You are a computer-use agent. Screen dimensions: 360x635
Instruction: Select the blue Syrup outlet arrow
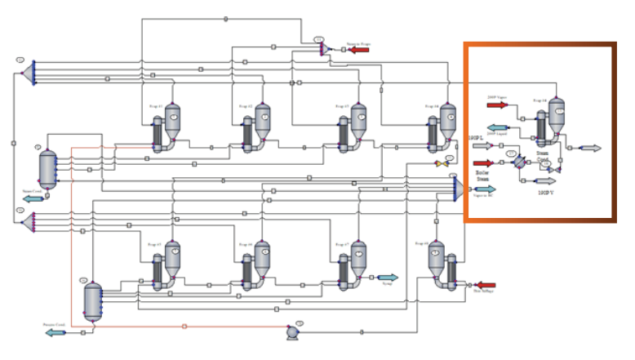[386, 278]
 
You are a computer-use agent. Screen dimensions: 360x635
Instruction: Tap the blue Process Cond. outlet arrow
[56, 332]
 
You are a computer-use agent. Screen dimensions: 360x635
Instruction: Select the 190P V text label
[547, 193]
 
